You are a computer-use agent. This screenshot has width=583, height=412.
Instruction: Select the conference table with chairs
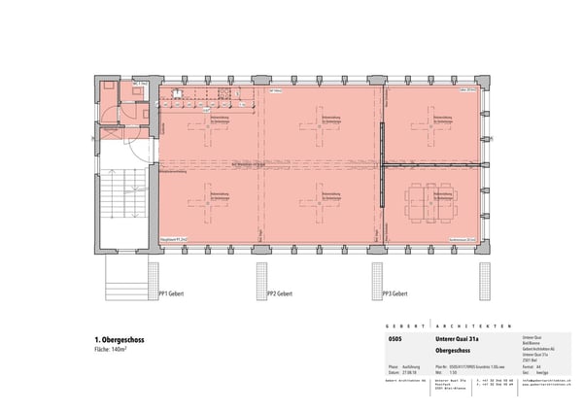[x=429, y=205]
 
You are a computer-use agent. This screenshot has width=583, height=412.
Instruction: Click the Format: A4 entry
[x=530, y=365]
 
